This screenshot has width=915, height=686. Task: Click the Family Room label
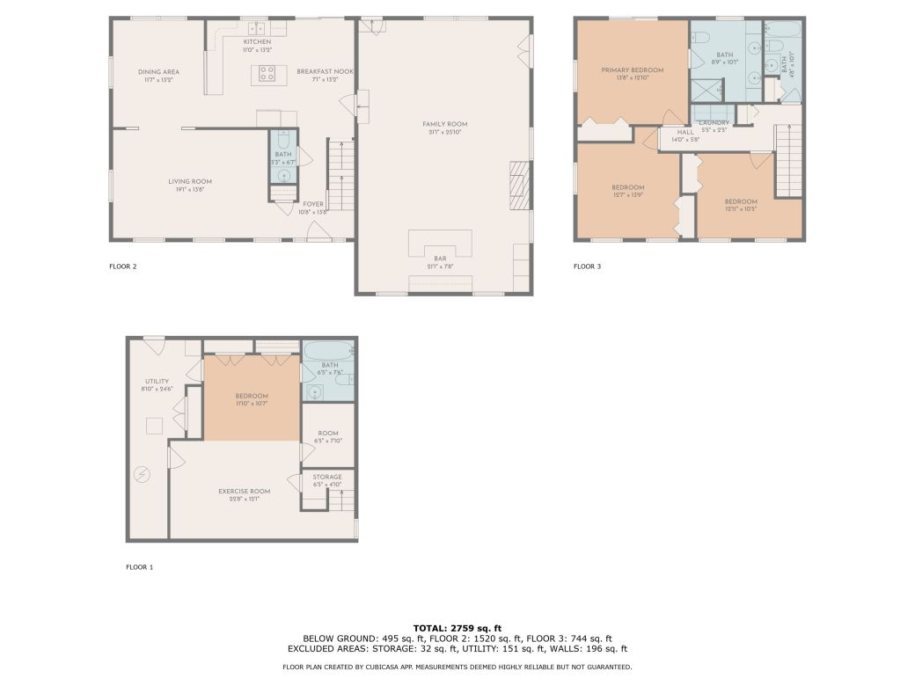pyautogui.click(x=444, y=125)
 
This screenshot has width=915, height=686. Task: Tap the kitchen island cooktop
pyautogui.click(x=268, y=74)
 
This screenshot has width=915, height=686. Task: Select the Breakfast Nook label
pyautogui.click(x=318, y=71)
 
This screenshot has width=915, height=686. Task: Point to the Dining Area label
pyautogui.click(x=158, y=71)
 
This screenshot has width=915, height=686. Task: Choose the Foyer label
pyautogui.click(x=313, y=204)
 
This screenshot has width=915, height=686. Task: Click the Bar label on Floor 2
pyautogui.click(x=440, y=259)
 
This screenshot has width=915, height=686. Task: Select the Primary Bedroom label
pyautogui.click(x=632, y=69)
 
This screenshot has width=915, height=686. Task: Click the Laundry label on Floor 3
pyautogui.click(x=714, y=122)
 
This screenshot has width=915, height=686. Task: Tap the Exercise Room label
pyautogui.click(x=245, y=491)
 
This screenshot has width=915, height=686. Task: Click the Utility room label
pyautogui.click(x=157, y=381)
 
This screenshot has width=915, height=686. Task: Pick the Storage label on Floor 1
pyautogui.click(x=327, y=477)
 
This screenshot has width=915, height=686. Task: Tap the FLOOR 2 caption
pyautogui.click(x=122, y=266)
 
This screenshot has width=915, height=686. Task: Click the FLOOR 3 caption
pyautogui.click(x=587, y=266)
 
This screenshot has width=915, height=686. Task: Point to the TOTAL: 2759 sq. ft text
pyautogui.click(x=457, y=628)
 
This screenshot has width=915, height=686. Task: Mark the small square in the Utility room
pyautogui.click(x=155, y=426)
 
